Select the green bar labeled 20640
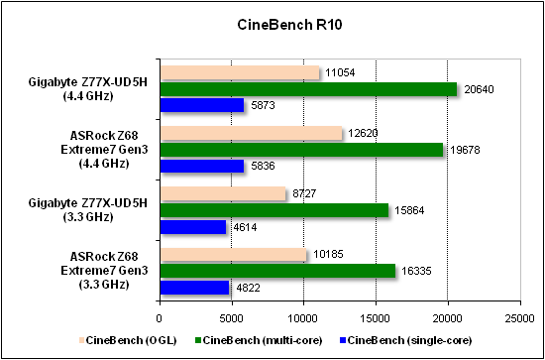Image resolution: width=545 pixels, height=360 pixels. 307,89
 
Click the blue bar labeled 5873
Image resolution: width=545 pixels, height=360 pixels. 201,105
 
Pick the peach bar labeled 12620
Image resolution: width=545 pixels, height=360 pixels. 250,133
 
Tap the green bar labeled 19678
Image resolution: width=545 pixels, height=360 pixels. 300,150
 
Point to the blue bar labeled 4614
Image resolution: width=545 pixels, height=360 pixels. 192,227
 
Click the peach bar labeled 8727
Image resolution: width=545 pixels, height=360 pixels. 222,194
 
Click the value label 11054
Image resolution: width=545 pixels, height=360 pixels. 340,73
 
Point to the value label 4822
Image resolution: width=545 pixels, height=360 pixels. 248,289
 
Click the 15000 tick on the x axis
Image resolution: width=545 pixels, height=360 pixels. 375,318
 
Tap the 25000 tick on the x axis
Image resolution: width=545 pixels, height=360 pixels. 518,318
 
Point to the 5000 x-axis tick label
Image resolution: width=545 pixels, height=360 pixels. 231,318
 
